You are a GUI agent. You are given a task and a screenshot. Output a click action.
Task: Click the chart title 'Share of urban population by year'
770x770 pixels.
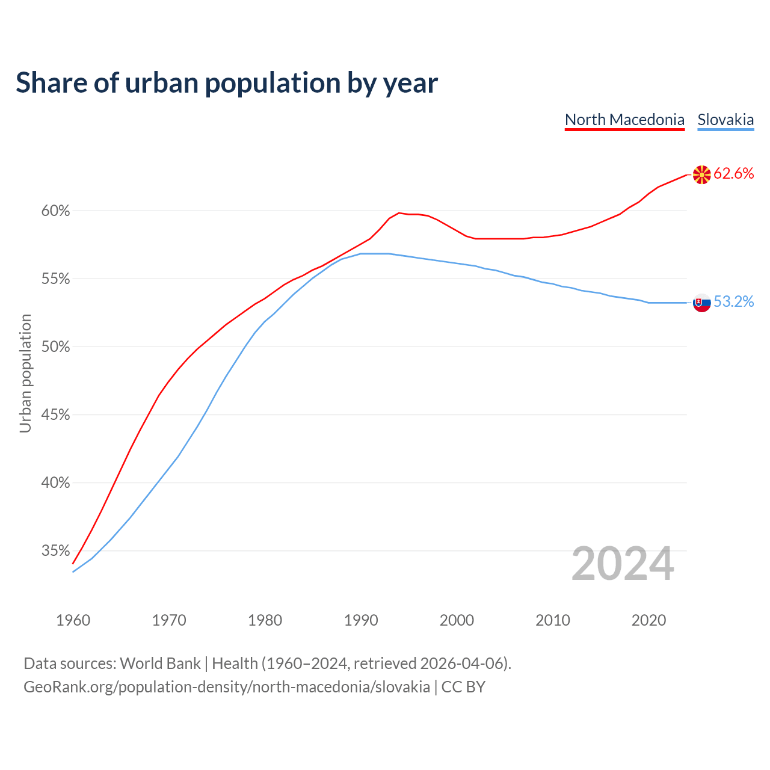click(x=227, y=83)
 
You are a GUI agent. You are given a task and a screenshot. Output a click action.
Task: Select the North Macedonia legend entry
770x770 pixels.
click(x=624, y=120)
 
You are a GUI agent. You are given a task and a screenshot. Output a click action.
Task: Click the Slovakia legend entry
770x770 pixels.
click(x=725, y=120)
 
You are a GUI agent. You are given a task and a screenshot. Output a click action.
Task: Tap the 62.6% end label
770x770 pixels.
click(x=733, y=174)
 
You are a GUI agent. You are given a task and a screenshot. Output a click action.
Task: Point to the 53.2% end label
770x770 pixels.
click(x=733, y=302)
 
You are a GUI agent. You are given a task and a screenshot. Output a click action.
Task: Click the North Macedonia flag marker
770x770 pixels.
click(x=701, y=175)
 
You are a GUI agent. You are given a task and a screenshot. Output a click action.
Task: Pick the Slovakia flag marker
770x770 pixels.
click(x=701, y=303)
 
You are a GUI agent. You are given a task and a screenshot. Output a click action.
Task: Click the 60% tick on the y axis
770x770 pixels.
click(x=55, y=211)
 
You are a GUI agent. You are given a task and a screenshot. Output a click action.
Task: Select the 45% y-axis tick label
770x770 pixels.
click(x=55, y=415)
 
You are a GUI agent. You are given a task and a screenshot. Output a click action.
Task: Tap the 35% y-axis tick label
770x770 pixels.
click(x=55, y=551)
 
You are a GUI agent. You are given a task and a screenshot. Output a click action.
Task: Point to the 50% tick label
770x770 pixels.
click(x=55, y=347)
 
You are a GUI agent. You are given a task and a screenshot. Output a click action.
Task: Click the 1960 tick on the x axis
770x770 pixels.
click(x=73, y=620)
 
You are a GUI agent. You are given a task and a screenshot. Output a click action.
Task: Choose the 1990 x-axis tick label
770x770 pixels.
click(x=361, y=620)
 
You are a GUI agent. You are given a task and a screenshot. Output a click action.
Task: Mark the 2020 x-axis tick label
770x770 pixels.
click(x=648, y=620)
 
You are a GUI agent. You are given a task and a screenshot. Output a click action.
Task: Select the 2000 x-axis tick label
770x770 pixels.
click(x=457, y=620)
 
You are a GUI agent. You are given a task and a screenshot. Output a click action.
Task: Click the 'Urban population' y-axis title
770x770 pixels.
click(x=25, y=373)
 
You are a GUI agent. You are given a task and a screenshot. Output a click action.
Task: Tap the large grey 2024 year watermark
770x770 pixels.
click(x=623, y=564)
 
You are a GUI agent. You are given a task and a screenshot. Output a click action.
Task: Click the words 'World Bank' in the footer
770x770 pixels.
click(x=160, y=664)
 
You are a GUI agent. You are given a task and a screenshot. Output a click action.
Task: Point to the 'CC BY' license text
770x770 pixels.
click(x=463, y=687)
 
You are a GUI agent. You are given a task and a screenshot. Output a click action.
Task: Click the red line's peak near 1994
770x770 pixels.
click(x=399, y=213)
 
